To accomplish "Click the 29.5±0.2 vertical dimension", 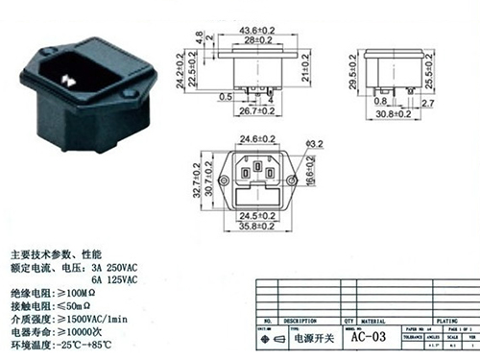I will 354,73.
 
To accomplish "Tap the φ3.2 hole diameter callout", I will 313,146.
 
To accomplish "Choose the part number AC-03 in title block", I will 368,336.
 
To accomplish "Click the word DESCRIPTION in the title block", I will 297,322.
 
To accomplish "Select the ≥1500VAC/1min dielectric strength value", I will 97,317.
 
